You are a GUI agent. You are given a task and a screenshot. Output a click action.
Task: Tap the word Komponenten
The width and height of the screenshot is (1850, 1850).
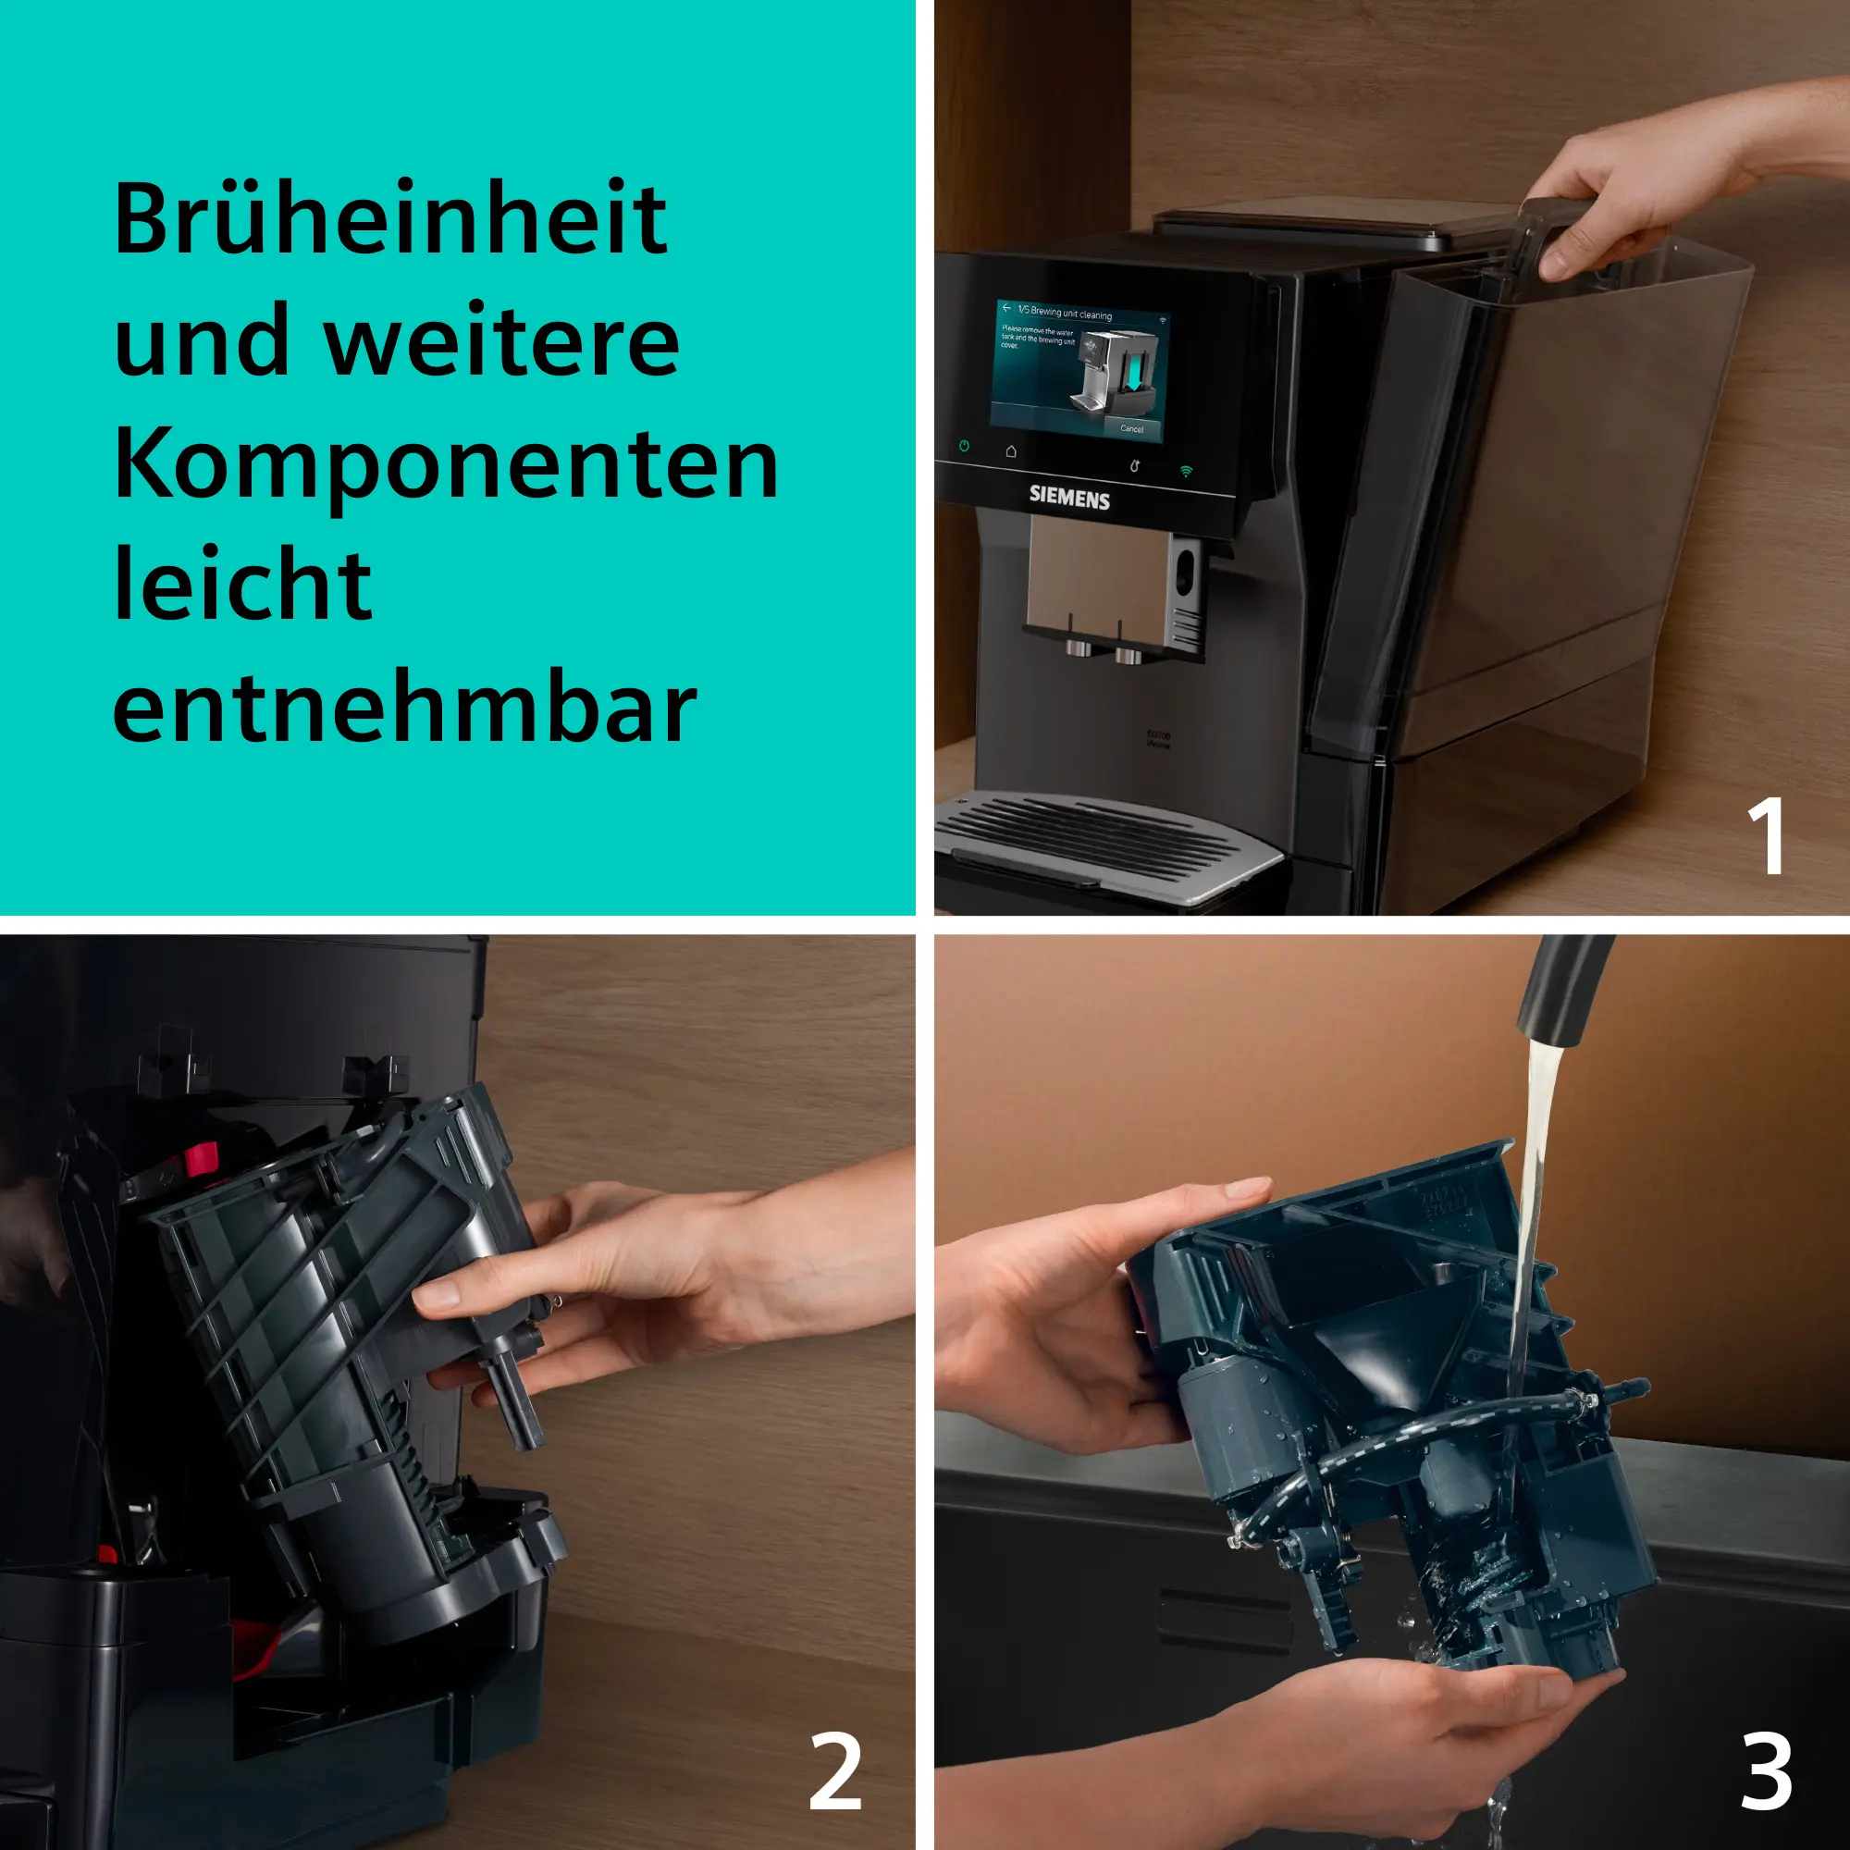[446, 466]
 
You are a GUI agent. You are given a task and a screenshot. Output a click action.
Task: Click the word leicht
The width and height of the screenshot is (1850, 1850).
[242, 586]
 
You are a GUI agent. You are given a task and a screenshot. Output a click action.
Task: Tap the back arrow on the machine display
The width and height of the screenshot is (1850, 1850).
[1006, 308]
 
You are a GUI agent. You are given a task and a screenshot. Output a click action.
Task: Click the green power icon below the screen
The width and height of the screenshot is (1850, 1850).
[964, 446]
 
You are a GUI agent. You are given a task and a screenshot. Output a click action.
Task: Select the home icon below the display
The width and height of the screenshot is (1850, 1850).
[1011, 451]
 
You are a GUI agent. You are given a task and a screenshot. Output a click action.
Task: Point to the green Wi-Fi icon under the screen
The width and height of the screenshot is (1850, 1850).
[1187, 471]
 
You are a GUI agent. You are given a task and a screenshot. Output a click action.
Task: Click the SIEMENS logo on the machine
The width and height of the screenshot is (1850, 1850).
[1068, 497]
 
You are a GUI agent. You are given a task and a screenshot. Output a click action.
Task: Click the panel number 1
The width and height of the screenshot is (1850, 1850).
[1765, 836]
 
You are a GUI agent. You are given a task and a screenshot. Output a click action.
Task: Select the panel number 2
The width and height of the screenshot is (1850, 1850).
[835, 1770]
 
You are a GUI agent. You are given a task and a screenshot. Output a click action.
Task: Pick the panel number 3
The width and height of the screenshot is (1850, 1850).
[1767, 1770]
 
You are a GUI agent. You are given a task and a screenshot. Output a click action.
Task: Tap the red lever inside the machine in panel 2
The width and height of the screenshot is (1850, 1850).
[202, 1161]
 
